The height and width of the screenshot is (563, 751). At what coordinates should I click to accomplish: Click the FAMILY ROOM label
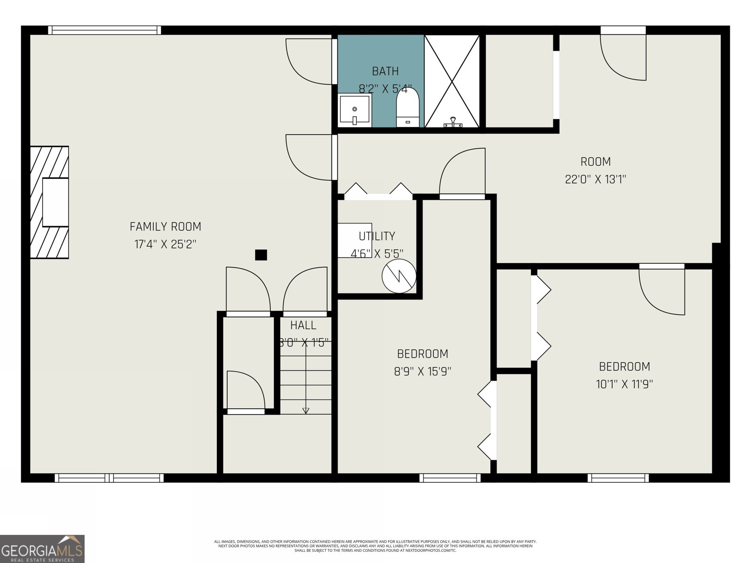tap(165, 227)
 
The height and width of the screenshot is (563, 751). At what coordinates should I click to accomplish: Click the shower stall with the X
tap(452, 81)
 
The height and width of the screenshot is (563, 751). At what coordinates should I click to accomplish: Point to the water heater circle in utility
tap(399, 277)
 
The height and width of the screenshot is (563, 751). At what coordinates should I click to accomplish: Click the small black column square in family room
tap(261, 255)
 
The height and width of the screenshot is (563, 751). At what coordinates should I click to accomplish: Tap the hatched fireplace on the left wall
tap(50, 202)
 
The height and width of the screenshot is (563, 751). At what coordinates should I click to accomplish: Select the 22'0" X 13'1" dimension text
tap(596, 179)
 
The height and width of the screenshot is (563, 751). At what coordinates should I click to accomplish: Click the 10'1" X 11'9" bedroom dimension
tap(624, 384)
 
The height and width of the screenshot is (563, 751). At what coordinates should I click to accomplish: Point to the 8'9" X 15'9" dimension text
tap(422, 372)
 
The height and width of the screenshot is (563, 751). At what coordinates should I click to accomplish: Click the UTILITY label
tap(377, 236)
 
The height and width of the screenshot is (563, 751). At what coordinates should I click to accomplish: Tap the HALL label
tap(303, 325)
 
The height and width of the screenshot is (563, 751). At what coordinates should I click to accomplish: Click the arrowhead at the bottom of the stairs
tap(306, 411)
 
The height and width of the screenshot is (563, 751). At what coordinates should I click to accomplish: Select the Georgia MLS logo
tap(42, 548)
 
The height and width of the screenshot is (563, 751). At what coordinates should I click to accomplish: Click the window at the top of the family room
tap(104, 30)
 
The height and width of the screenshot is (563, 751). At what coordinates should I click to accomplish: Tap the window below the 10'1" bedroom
tap(618, 478)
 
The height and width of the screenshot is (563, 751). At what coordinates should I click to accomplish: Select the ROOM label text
tap(596, 162)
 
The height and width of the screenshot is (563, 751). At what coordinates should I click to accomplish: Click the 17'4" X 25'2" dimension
tap(165, 244)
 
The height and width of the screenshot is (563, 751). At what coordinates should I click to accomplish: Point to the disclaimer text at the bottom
tap(375, 546)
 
